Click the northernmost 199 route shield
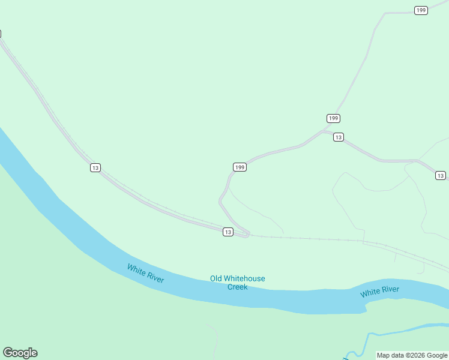pos(421,10)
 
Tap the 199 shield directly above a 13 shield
pos(334,118)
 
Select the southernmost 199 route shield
pos(240,167)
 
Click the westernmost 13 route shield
pos(95,167)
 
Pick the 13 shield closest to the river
pos(228,232)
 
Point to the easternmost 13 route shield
pos(441,175)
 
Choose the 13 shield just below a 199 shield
pos(339,137)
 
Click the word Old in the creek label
pos(217,278)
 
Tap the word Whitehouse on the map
pos(245,278)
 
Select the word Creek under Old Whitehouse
pos(237,287)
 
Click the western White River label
pos(145,274)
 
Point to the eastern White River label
pos(379,292)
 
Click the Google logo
pos(20,353)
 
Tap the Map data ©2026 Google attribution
pos(412,355)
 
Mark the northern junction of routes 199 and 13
pos(324,130)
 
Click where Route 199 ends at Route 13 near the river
pos(246,235)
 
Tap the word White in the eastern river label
pos(370,293)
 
